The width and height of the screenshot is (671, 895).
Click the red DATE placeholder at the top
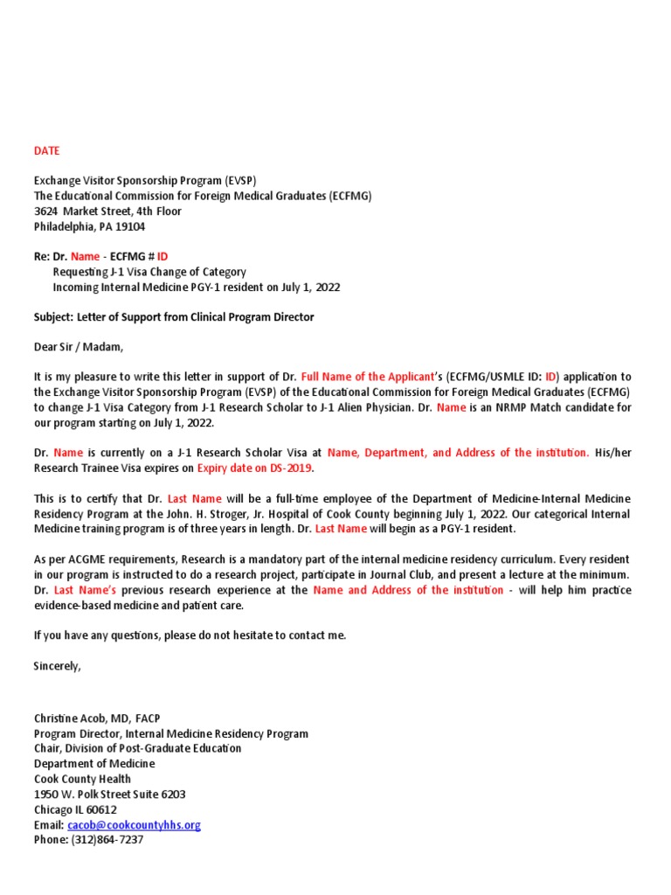(x=47, y=150)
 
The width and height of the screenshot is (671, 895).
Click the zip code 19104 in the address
(x=128, y=226)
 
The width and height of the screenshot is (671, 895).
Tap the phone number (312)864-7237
(x=107, y=840)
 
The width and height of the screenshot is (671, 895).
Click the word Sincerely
(x=57, y=666)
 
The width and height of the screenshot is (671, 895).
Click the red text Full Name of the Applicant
(x=367, y=378)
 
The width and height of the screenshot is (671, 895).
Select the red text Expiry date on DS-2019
(x=253, y=468)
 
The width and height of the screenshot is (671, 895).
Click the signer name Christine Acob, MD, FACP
(x=97, y=718)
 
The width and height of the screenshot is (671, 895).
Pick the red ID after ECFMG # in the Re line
(x=163, y=257)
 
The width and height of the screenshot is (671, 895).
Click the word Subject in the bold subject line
(x=52, y=317)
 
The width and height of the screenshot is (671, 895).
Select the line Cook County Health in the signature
(x=82, y=779)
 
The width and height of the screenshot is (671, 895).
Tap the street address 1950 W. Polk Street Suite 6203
(x=109, y=794)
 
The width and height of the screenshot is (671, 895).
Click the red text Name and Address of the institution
(x=408, y=591)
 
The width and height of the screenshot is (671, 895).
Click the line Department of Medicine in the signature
(x=94, y=764)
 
